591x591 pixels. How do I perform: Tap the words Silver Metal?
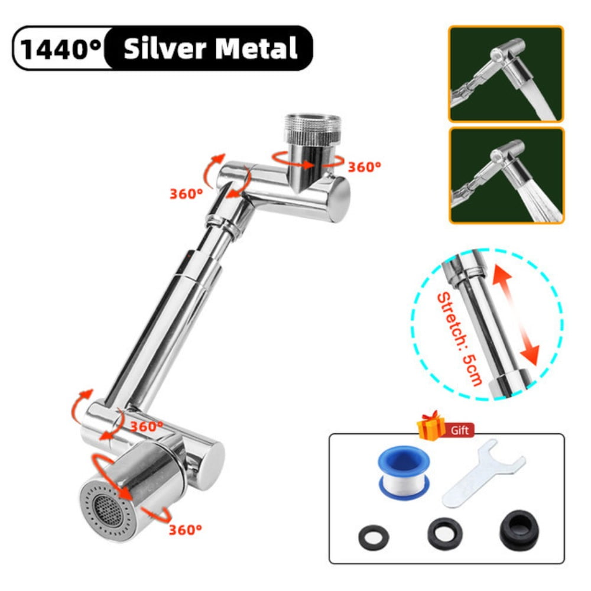click(210, 48)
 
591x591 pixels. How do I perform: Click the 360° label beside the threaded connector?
click(364, 167)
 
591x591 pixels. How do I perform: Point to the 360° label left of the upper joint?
click(186, 193)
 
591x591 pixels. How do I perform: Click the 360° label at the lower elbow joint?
click(147, 426)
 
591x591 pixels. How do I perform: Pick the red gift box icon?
click(432, 426)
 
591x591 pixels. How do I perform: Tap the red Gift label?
click(460, 431)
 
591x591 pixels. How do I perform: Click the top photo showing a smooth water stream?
click(506, 74)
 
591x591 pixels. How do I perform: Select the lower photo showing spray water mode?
click(506, 176)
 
